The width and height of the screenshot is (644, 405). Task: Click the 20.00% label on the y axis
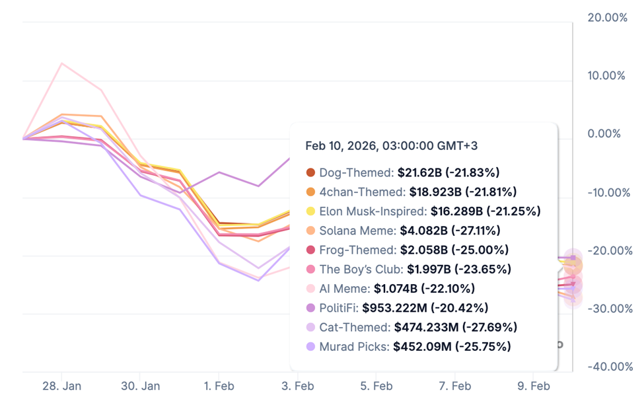pyautogui.click(x=607, y=17)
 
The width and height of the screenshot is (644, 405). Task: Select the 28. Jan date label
pyautogui.click(x=61, y=386)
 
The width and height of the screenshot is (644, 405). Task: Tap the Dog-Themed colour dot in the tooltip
pyautogui.click(x=310, y=173)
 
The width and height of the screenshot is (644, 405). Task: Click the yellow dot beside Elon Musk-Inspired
pyautogui.click(x=310, y=211)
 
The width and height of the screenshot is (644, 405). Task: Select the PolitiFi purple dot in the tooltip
pyautogui.click(x=310, y=308)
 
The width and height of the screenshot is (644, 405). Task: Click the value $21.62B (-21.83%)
pyautogui.click(x=448, y=173)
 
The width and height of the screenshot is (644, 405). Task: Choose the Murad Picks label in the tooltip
pyautogui.click(x=353, y=347)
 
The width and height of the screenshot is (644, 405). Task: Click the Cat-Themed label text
pyautogui.click(x=353, y=328)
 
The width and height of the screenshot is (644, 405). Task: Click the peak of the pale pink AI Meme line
pyautogui.click(x=61, y=63)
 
